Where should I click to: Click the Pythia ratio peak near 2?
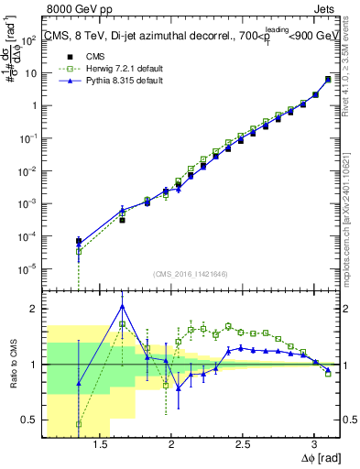click(x=122, y=306)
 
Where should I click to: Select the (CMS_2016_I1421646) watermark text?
click(x=191, y=273)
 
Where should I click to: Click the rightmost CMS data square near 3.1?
click(x=328, y=79)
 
